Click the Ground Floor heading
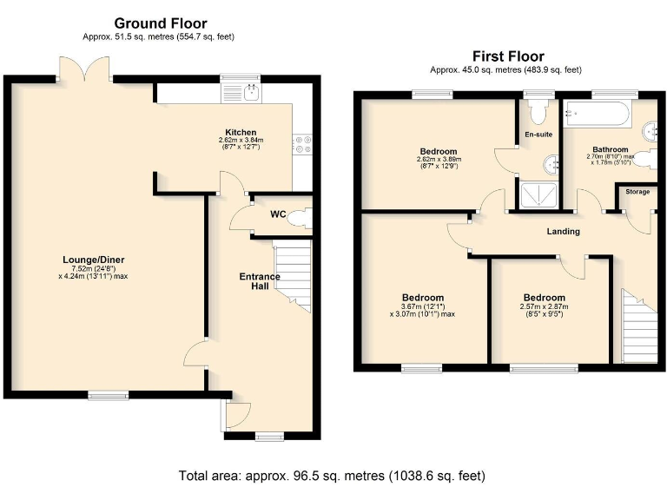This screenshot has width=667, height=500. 160,23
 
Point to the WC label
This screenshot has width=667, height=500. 277,214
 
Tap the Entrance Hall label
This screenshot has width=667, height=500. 260,281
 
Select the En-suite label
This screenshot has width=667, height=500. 538,135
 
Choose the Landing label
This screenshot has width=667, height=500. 563,232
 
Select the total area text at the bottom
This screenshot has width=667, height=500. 331,476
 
